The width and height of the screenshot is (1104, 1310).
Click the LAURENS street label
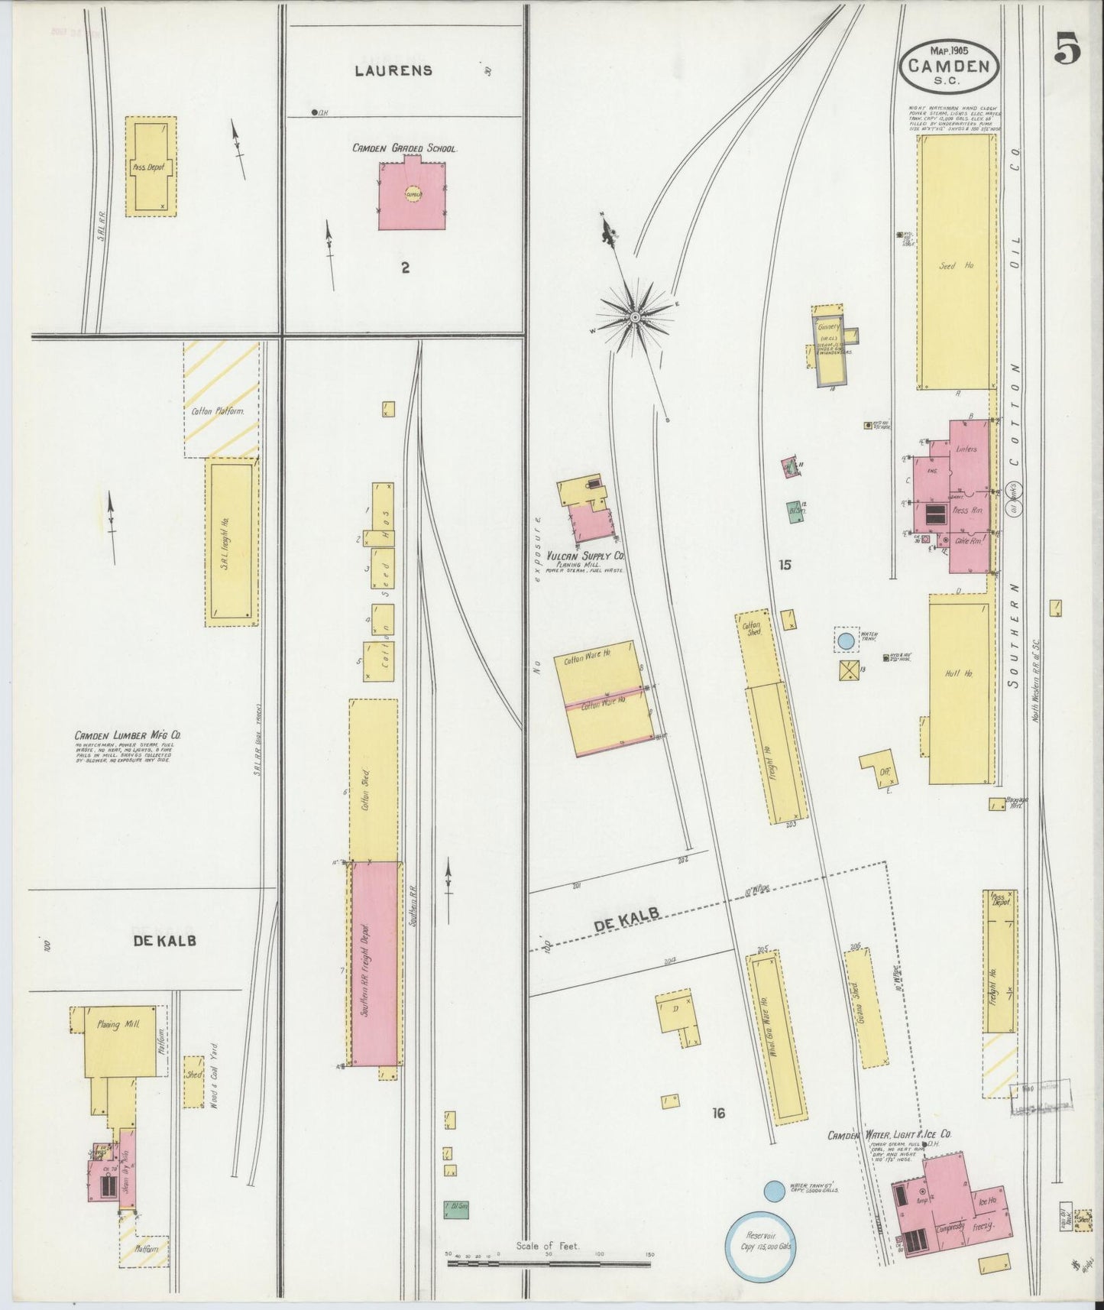tap(393, 70)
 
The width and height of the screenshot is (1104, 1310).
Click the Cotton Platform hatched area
tap(221, 399)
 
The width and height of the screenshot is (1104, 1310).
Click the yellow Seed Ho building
tap(957, 264)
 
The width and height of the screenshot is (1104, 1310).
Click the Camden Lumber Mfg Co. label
tap(128, 736)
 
